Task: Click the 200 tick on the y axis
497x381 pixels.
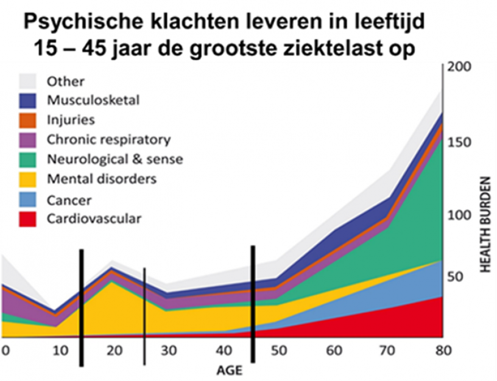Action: pyautogui.click(x=459, y=68)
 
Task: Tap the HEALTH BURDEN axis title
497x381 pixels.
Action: pyautogui.click(x=485, y=225)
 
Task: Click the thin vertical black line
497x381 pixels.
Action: pyautogui.click(x=144, y=316)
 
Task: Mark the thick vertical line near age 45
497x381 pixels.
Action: pyautogui.click(x=253, y=304)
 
